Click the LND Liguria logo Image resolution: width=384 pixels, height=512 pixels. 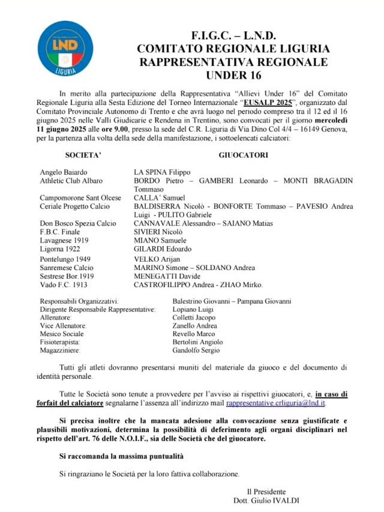tap(57, 48)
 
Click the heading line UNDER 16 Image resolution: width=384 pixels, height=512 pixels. tap(233, 76)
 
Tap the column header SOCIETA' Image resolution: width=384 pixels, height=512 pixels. tap(83, 155)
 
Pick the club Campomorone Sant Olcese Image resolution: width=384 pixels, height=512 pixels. tap(80, 197)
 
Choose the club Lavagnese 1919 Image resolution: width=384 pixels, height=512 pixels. tap(64, 240)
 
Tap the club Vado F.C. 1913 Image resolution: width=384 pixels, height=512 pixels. tap(64, 285)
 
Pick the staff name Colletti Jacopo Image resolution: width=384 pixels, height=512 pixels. tap(194, 318)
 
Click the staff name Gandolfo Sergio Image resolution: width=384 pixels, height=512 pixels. tap(196, 351)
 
